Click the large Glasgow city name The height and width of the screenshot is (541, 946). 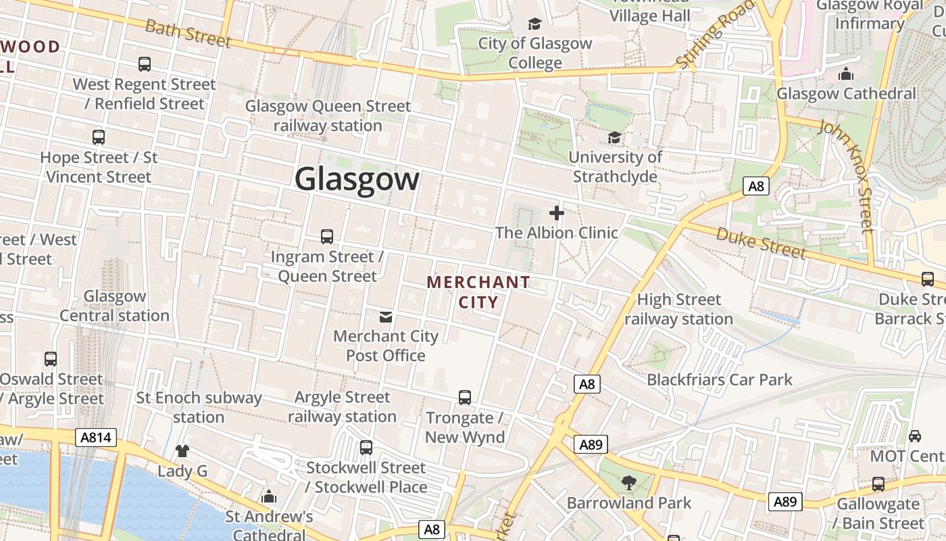[x=357, y=180]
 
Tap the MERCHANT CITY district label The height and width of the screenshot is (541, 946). [x=478, y=292]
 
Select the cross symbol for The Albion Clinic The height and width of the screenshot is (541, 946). [x=557, y=214]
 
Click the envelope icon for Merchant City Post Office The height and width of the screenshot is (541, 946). [x=386, y=316]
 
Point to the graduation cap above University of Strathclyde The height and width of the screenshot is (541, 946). [x=614, y=138]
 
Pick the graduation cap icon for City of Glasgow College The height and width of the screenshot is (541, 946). [x=535, y=24]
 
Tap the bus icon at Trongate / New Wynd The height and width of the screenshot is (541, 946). [x=465, y=398]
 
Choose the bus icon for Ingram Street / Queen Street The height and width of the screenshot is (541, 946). [x=327, y=237]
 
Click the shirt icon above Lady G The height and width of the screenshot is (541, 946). [x=182, y=451]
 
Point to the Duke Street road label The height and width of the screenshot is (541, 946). [x=761, y=243]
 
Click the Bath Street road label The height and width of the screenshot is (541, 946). [x=188, y=32]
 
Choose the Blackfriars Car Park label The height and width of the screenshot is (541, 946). [x=720, y=379]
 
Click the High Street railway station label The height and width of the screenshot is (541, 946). [x=679, y=309]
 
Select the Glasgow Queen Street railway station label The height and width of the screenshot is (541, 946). [x=328, y=116]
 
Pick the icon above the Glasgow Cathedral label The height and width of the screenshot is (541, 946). [x=846, y=74]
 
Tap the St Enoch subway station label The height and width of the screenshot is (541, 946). [x=199, y=407]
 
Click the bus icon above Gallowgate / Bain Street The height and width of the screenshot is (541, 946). [x=878, y=484]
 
